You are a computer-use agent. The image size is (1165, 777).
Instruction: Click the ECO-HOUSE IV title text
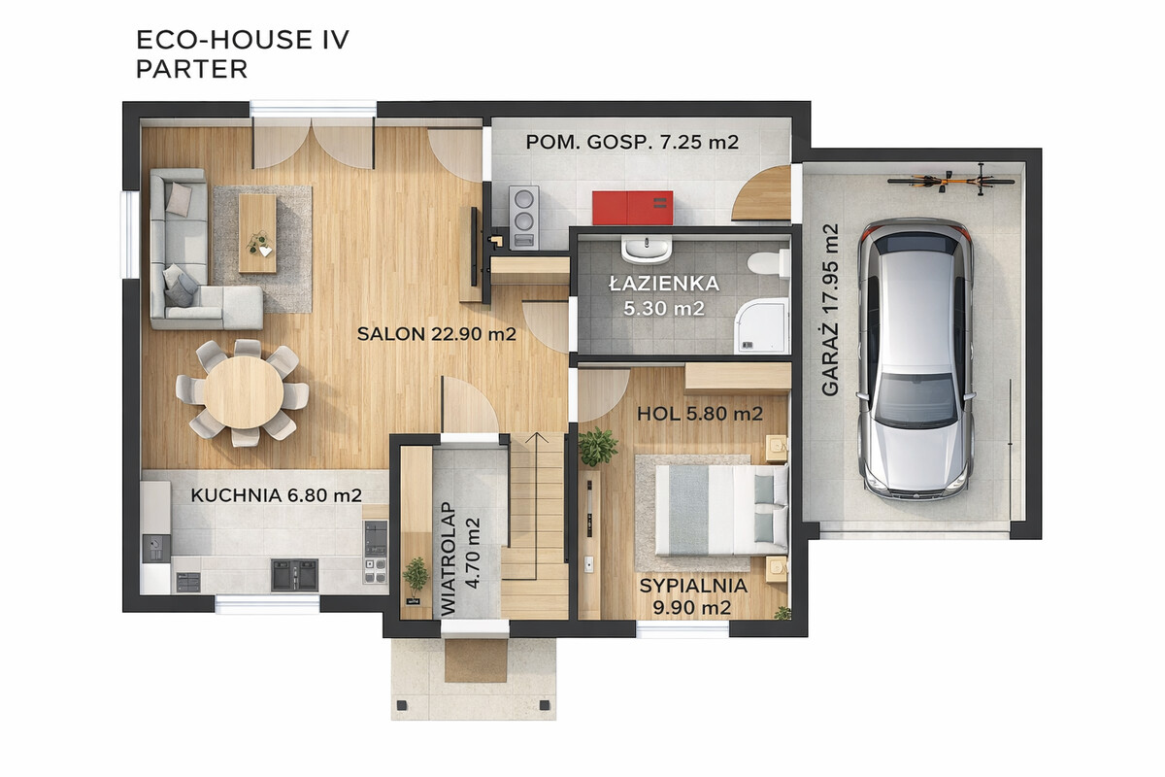click(x=243, y=40)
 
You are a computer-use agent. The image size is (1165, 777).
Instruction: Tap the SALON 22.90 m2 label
click(x=436, y=334)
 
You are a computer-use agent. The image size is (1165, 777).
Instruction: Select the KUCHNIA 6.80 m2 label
click(x=276, y=495)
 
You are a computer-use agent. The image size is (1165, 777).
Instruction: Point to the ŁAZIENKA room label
click(x=664, y=284)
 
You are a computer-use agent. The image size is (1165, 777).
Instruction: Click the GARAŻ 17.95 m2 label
click(x=831, y=310)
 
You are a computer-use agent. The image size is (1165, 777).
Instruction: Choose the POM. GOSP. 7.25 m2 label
click(x=632, y=142)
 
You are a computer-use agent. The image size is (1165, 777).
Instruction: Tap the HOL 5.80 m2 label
click(x=700, y=414)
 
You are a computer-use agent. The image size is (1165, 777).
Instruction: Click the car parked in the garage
click(x=915, y=359)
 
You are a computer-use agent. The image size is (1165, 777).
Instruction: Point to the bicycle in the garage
click(x=950, y=180)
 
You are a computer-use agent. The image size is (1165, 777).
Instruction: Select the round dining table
click(x=243, y=391)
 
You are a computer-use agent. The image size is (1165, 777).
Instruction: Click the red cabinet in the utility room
click(x=632, y=208)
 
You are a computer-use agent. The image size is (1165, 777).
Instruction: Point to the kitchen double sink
click(x=294, y=575)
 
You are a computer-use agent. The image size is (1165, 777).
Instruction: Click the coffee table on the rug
click(x=257, y=234)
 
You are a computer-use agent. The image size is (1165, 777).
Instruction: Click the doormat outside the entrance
click(x=476, y=660)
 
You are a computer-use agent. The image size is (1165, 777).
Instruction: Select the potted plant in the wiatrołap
click(x=416, y=578)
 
